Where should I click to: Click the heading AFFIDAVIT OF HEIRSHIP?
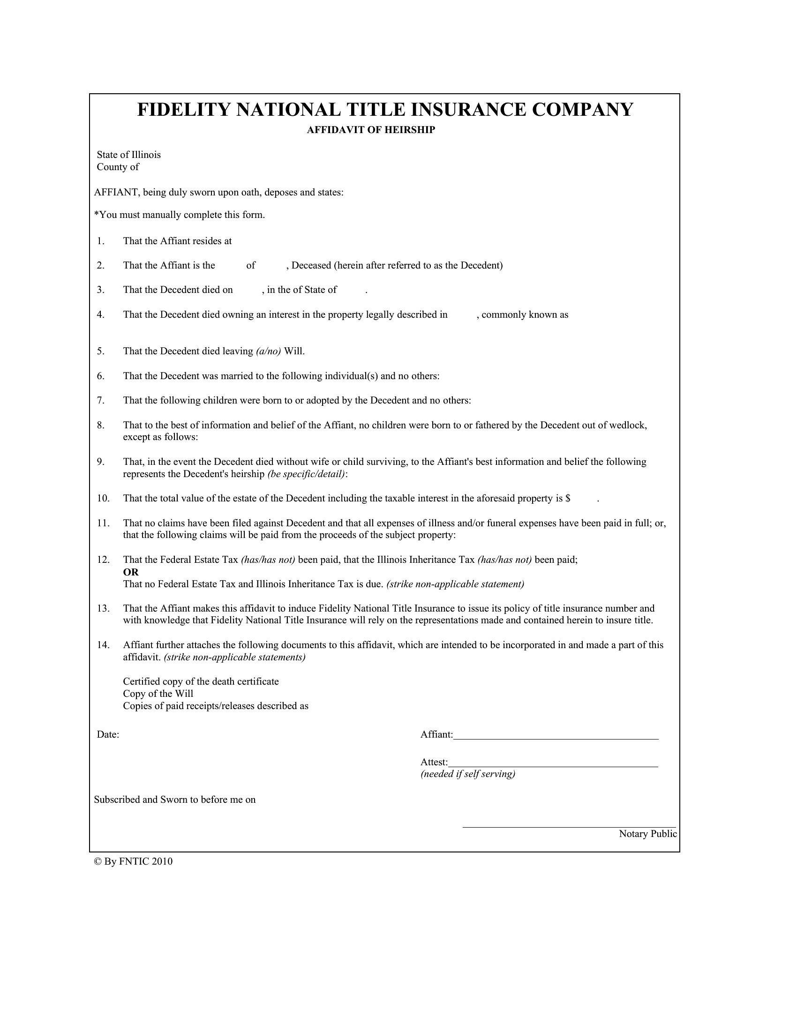(x=371, y=130)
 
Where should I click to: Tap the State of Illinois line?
(x=128, y=155)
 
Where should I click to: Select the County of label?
(x=118, y=167)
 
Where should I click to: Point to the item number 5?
(x=101, y=351)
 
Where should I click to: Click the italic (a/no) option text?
(x=268, y=351)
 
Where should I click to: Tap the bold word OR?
(x=131, y=572)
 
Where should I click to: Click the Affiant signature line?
(x=555, y=738)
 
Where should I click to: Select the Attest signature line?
(x=552, y=766)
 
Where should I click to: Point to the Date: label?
(x=108, y=734)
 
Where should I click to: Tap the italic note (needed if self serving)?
(x=467, y=774)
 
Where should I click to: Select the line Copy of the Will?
(x=158, y=694)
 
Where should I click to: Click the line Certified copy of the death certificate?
(x=201, y=682)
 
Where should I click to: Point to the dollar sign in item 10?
(x=568, y=499)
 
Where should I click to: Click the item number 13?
(x=103, y=608)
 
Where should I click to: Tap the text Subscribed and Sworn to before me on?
(x=175, y=799)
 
